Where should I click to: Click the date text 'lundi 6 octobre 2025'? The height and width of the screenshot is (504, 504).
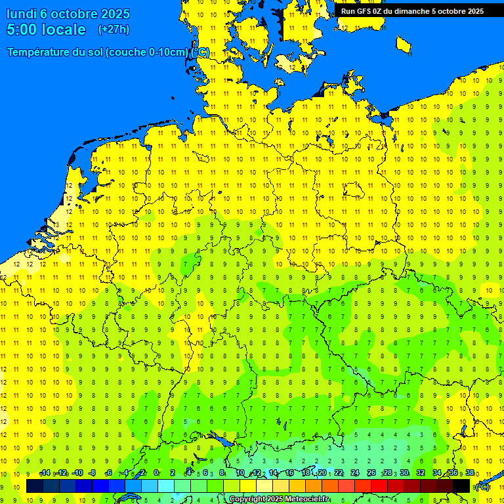point(68,14)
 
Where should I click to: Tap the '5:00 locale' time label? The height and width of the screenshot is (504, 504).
point(46,30)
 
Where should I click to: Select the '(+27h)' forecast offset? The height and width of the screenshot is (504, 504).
point(114,30)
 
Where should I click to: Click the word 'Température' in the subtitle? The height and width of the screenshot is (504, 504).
point(41,52)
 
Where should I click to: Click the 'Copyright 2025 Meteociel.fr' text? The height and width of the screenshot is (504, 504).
point(279,499)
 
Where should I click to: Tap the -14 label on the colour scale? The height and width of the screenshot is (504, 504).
point(45,473)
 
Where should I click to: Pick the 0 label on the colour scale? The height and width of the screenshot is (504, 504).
point(156,473)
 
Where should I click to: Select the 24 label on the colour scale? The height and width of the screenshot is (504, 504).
point(355,473)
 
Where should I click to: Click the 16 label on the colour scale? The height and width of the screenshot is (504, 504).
point(289,473)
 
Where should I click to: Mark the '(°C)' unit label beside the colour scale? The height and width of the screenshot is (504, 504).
point(482,487)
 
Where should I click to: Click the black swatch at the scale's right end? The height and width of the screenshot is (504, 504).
point(461,486)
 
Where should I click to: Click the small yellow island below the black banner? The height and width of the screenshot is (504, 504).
point(404,45)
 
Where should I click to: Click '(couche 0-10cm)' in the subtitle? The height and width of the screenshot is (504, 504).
point(147,52)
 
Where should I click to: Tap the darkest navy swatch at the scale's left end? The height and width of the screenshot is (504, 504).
point(35,486)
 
